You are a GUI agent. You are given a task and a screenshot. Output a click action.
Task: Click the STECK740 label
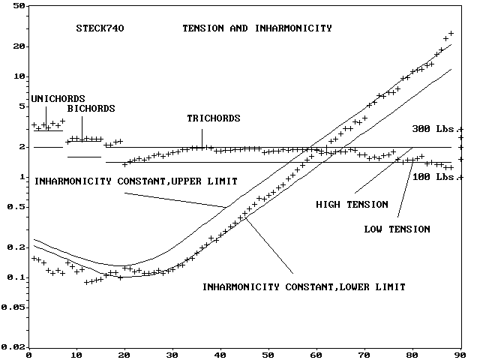tap(100, 29)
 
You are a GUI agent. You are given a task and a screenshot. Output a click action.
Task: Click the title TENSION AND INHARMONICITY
tap(257, 28)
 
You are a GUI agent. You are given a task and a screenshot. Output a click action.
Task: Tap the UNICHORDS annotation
tap(58, 98)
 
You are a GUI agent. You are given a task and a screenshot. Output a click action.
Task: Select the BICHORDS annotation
tap(91, 109)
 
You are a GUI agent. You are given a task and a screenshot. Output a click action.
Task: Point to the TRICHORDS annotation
tap(214, 118)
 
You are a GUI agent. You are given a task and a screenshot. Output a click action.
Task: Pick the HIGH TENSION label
tap(352, 204)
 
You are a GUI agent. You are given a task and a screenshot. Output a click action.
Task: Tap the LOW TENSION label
tap(397, 229)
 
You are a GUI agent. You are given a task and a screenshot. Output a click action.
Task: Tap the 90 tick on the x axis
tap(460, 354)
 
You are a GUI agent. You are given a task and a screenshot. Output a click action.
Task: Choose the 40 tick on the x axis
tap(220, 354)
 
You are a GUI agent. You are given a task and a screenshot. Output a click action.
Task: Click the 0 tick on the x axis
tap(28, 354)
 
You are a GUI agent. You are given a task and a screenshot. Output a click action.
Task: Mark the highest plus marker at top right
tap(451, 34)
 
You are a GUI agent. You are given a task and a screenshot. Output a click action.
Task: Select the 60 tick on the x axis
tap(316, 354)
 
